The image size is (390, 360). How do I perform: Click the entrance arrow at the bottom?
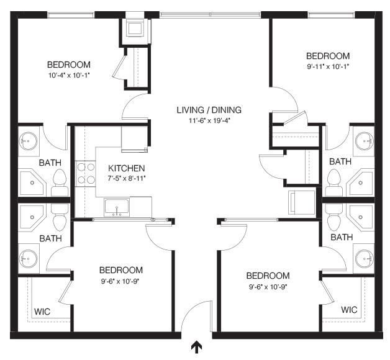tap(196, 348)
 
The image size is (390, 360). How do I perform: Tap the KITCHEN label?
tap(126, 168)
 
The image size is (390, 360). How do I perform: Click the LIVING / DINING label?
tap(209, 110)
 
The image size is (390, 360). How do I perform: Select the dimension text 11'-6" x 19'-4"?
tap(209, 121)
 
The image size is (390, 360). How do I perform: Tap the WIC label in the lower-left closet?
tap(42, 312)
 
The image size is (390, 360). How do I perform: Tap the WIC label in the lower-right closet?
tap(349, 310)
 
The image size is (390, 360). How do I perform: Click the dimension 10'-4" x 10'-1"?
tap(69, 75)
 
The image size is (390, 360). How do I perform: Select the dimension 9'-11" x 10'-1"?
tap(328, 66)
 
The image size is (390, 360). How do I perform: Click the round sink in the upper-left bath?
tap(29, 141)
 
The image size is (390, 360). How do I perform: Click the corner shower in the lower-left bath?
tap(32, 217)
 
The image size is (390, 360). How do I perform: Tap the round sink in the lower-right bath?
tap(365, 259)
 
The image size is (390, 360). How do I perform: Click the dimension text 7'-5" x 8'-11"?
tap(126, 179)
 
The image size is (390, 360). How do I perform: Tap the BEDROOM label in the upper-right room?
tap(328, 56)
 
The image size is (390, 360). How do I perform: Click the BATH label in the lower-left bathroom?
tap(50, 238)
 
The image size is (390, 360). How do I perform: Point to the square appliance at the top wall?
tap(135, 29)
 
